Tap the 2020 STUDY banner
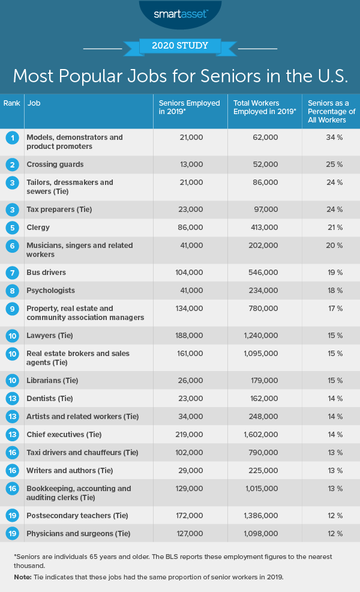coord(179,45)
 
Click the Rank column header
coord(11,103)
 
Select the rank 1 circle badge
coord(11,138)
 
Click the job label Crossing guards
coord(55,165)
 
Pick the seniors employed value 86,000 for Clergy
coord(191,228)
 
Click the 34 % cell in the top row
coord(335,137)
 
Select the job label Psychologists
coord(50,291)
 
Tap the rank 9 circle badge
coord(11,309)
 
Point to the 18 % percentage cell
coord(335,291)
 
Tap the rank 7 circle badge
coord(11,273)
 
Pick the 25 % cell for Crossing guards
coord(335,165)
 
